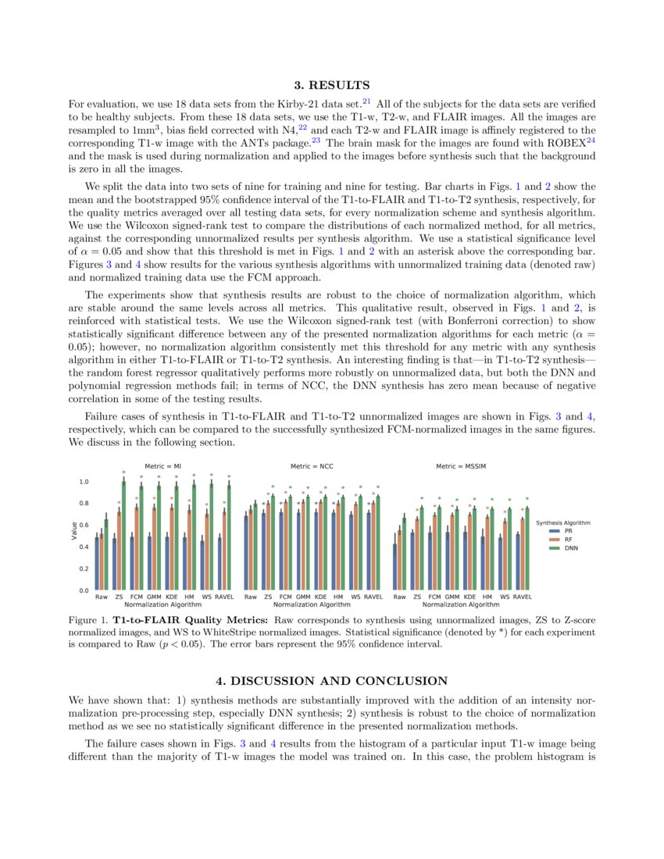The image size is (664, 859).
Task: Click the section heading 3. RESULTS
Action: coord(331,84)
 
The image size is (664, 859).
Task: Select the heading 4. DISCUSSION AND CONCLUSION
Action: coord(331,681)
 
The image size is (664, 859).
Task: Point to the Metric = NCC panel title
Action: coord(312,465)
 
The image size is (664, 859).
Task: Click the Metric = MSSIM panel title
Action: coord(461,465)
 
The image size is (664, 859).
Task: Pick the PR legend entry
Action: coord(569,530)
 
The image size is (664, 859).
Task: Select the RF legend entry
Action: coord(569,540)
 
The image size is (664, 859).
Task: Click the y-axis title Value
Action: coord(74,531)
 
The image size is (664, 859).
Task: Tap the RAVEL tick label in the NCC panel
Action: coord(373,597)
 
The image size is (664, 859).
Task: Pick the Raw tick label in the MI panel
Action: coord(102,597)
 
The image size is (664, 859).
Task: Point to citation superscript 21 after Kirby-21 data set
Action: coord(366,101)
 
